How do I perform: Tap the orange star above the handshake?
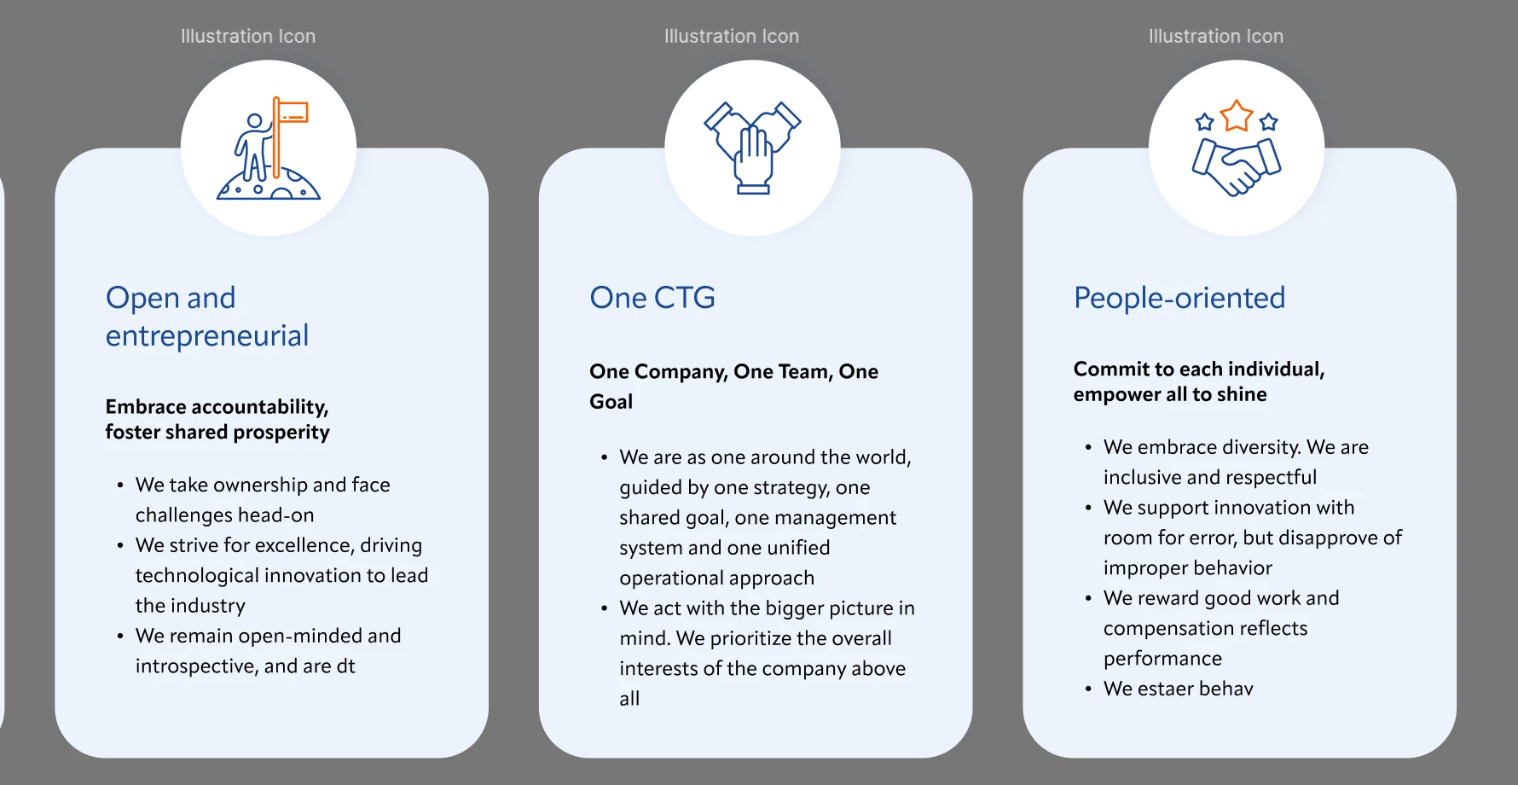[1237, 116]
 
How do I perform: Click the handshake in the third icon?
[1237, 166]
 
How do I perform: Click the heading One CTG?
[652, 298]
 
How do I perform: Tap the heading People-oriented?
[1179, 298]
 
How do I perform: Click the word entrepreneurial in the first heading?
[207, 336]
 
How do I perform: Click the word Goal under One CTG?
[611, 402]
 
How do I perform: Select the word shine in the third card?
[1242, 394]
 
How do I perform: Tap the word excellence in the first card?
[304, 545]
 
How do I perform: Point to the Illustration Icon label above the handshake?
[1216, 36]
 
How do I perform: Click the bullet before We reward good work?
[1088, 599]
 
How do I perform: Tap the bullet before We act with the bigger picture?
[604, 609]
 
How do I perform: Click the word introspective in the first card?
[197, 666]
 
